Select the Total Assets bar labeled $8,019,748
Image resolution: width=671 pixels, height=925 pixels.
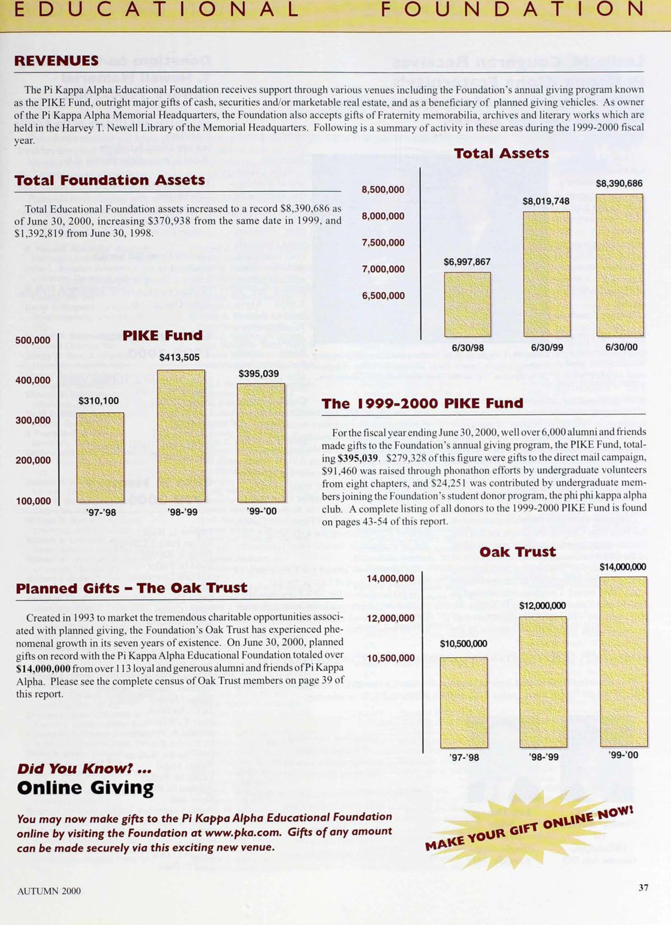click(x=547, y=274)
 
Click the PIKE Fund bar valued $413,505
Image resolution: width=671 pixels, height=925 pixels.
click(x=181, y=436)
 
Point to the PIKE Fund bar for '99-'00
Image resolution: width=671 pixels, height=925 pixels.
click(x=261, y=443)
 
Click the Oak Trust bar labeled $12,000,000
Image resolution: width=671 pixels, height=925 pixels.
click(x=543, y=682)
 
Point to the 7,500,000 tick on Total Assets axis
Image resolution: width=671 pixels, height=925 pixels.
click(x=383, y=243)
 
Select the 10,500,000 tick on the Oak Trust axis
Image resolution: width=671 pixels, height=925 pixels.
click(x=390, y=658)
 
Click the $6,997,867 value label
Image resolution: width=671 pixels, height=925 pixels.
click(x=467, y=262)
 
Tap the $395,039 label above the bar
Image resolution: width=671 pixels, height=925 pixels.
click(x=259, y=374)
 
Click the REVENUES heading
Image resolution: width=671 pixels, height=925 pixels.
click(x=56, y=61)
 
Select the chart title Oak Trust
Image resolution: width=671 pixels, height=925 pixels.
click(x=517, y=552)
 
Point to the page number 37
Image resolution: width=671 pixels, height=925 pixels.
click(x=643, y=888)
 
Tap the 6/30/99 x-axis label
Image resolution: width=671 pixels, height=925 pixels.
click(x=547, y=348)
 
